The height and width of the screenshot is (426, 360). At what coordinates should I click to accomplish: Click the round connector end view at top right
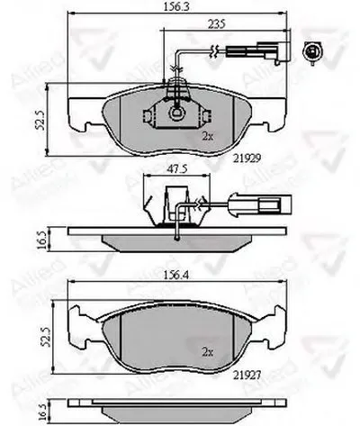click(314, 52)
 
